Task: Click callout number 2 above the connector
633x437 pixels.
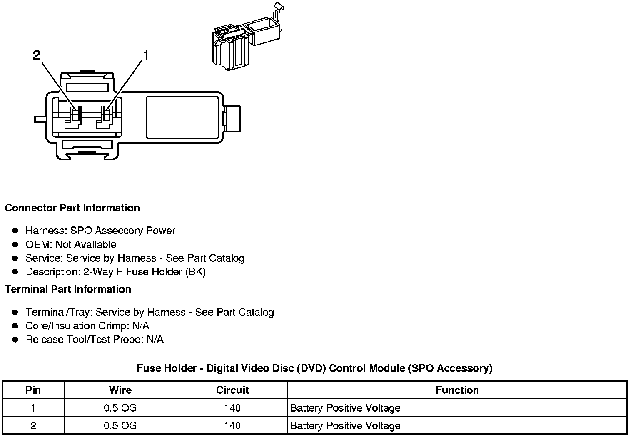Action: (37, 55)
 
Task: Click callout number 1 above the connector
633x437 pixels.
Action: (146, 55)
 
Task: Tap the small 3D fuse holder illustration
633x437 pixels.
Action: (248, 37)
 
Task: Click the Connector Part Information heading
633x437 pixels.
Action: (72, 208)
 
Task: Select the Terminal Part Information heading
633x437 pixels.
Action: (68, 289)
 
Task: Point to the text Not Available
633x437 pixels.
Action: (86, 244)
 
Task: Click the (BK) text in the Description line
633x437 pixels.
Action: (196, 272)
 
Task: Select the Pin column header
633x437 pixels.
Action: (33, 390)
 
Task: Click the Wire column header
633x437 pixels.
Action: (120, 390)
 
